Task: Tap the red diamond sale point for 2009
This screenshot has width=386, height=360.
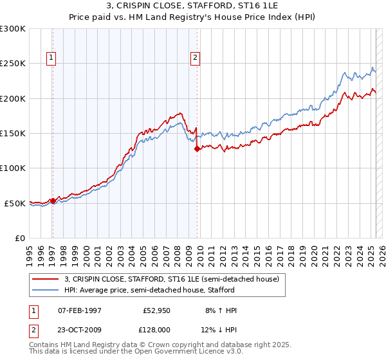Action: tap(197, 148)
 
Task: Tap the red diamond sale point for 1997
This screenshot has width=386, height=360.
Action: tap(53, 201)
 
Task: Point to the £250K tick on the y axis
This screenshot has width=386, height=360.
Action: tap(13, 64)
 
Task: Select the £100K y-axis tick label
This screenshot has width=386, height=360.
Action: tap(13, 168)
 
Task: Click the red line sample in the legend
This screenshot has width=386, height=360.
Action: tap(46, 279)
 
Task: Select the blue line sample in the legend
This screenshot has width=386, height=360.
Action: tap(46, 290)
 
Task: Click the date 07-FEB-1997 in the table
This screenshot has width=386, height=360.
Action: tap(80, 310)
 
